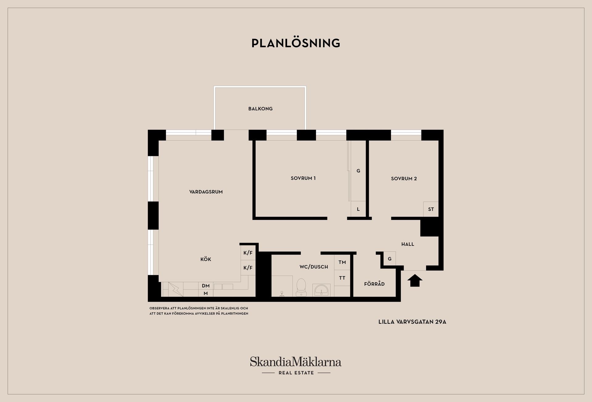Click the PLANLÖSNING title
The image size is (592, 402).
[296, 43]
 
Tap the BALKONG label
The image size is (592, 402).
[261, 109]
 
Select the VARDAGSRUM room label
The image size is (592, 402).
[206, 192]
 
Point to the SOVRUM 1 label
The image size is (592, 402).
[303, 178]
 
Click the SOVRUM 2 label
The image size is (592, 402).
[404, 178]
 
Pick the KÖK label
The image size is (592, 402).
[206, 259]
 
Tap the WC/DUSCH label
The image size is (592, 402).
[314, 267]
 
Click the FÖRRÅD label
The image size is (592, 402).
[374, 284]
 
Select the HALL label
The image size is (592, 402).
[408, 244]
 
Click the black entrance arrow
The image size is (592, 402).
[415, 281]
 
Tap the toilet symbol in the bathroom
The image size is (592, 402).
[301, 287]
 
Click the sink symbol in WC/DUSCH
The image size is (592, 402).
[321, 290]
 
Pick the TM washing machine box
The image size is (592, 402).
[342, 262]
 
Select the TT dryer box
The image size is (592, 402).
[342, 278]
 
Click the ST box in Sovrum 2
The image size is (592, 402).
[431, 209]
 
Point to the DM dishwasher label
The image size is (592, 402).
[206, 286]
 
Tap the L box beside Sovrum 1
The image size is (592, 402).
[358, 209]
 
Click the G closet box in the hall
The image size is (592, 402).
[390, 259]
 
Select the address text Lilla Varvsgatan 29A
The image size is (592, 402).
[412, 322]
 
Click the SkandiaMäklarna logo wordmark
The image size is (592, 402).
[296, 362]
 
